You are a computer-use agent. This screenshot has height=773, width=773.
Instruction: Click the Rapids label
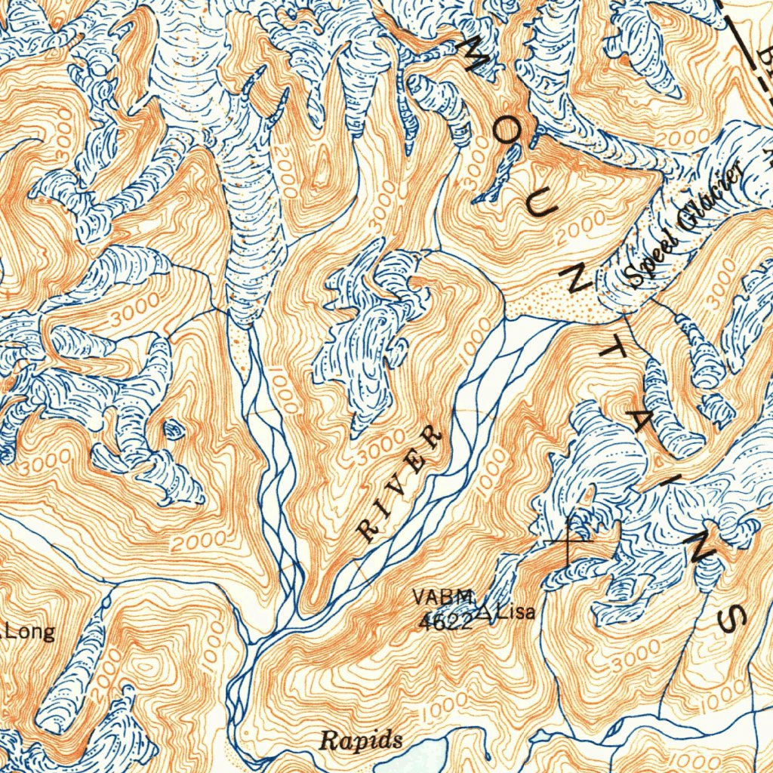(x=360, y=741)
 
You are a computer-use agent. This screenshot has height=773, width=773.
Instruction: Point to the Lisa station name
(x=516, y=611)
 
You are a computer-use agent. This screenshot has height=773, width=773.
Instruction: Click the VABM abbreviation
(x=443, y=597)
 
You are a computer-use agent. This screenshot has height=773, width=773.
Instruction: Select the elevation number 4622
(x=445, y=622)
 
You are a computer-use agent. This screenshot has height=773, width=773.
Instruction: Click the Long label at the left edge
(x=30, y=632)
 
